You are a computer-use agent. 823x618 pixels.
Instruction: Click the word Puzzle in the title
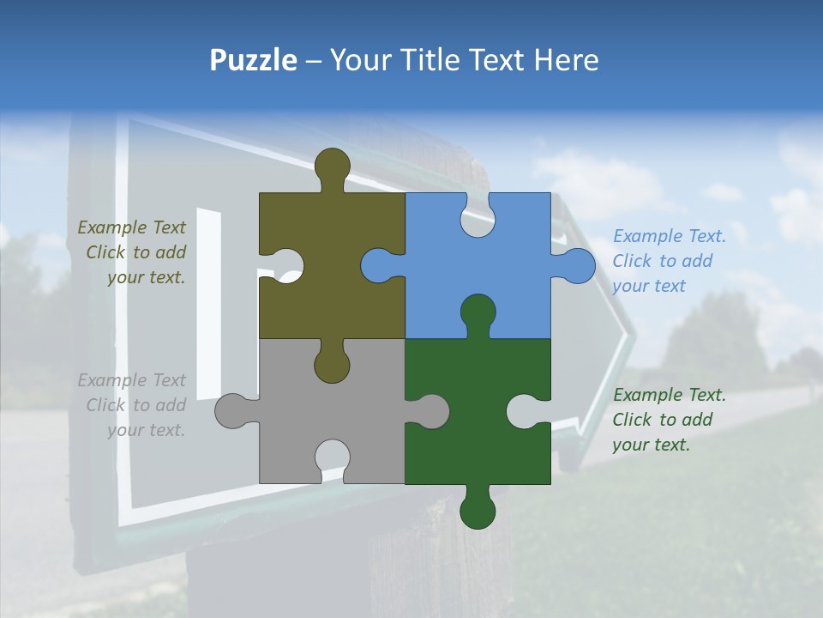point(253,61)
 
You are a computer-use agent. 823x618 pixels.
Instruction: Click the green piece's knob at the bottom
point(478,512)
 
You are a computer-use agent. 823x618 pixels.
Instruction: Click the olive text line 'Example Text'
point(132,227)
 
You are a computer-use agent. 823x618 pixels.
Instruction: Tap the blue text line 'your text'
point(649,286)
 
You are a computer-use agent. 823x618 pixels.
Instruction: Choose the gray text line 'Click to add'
point(136,405)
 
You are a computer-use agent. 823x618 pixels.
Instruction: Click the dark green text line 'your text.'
point(651,445)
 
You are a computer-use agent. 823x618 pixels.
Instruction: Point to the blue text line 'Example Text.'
point(670,236)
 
